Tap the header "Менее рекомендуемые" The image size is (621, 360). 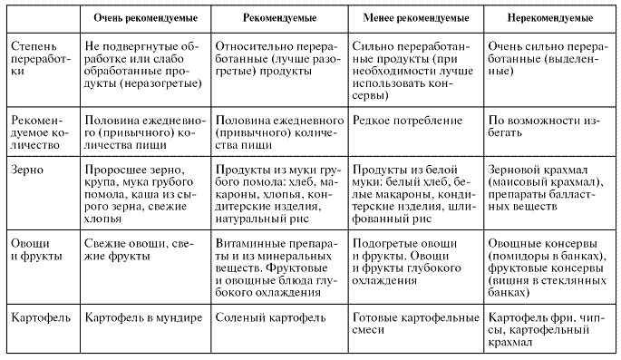click(415, 17)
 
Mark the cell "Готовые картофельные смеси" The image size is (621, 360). click(414, 326)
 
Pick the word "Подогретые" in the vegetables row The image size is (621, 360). click(387, 244)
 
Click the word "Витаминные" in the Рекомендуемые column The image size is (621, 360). click(255, 244)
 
